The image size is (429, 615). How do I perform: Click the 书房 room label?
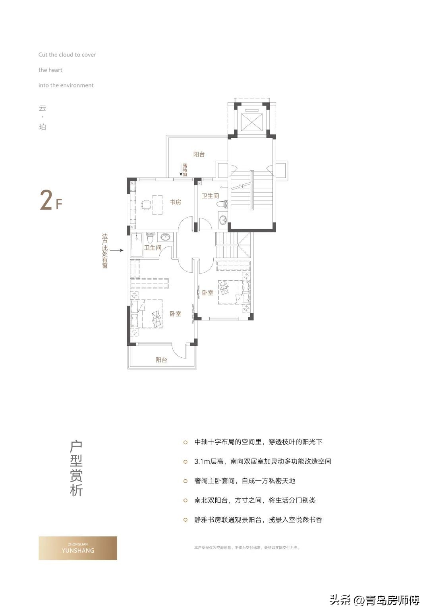pyautogui.click(x=175, y=202)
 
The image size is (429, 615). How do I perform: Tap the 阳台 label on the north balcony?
pyautogui.click(x=199, y=154)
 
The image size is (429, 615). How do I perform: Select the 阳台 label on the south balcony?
pyautogui.click(x=161, y=360)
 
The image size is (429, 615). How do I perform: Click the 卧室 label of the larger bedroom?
pyautogui.click(x=175, y=314)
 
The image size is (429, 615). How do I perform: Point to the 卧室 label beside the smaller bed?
pyautogui.click(x=208, y=293)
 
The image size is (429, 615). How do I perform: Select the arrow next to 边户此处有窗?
pyautogui.click(x=116, y=251)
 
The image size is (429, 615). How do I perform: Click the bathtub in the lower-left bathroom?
pyautogui.click(x=137, y=245)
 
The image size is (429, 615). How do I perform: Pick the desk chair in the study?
pyautogui.click(x=145, y=204)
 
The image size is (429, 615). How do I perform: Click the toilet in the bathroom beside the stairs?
pyautogui.click(x=223, y=203)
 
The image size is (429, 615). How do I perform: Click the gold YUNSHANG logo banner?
pyautogui.click(x=78, y=548)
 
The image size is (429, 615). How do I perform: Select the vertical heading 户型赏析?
pyautogui.click(x=76, y=468)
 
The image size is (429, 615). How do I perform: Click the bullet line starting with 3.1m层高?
pyautogui.click(x=263, y=461)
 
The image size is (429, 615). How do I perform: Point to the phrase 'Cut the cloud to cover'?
pyautogui.click(x=67, y=55)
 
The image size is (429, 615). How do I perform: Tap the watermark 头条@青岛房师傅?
pyautogui.click(x=374, y=600)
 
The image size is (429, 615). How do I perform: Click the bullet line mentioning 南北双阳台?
pyautogui.click(x=255, y=500)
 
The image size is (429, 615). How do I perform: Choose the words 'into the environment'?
pyautogui.click(x=66, y=85)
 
